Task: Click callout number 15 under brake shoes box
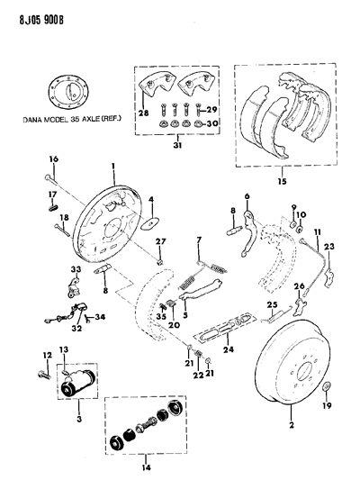coord(283,182)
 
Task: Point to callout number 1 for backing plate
coord(113,166)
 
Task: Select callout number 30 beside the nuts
coord(213,123)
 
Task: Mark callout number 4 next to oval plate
coord(151,199)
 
